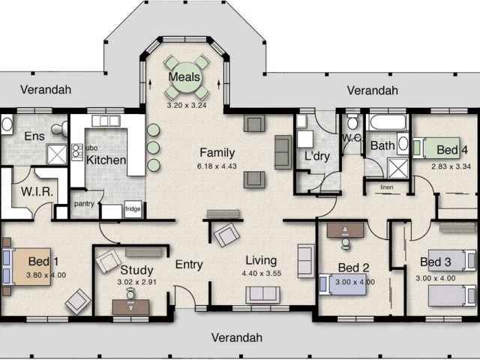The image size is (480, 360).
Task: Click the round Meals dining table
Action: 186,77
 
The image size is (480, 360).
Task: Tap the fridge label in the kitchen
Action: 133,209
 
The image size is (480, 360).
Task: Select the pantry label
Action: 84,203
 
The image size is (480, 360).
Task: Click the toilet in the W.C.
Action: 352,122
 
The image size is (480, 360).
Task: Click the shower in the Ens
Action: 57,154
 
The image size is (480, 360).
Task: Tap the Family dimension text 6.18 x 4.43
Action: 217,166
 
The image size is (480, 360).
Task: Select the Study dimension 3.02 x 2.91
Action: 136,282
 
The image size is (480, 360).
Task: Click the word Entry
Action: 189,265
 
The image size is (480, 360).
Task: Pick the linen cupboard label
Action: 387,187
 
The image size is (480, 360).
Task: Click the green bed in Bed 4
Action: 436,148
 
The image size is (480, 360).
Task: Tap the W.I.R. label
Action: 37,192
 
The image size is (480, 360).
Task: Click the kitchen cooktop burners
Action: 77,152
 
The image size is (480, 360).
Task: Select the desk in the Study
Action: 130,307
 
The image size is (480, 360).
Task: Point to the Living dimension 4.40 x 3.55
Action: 262,273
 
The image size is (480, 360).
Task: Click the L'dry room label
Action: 317,156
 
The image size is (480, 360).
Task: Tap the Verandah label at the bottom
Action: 237,337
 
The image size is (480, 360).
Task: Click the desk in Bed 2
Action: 345,230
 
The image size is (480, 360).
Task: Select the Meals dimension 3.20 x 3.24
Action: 187,105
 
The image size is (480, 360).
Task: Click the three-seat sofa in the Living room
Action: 263,295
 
